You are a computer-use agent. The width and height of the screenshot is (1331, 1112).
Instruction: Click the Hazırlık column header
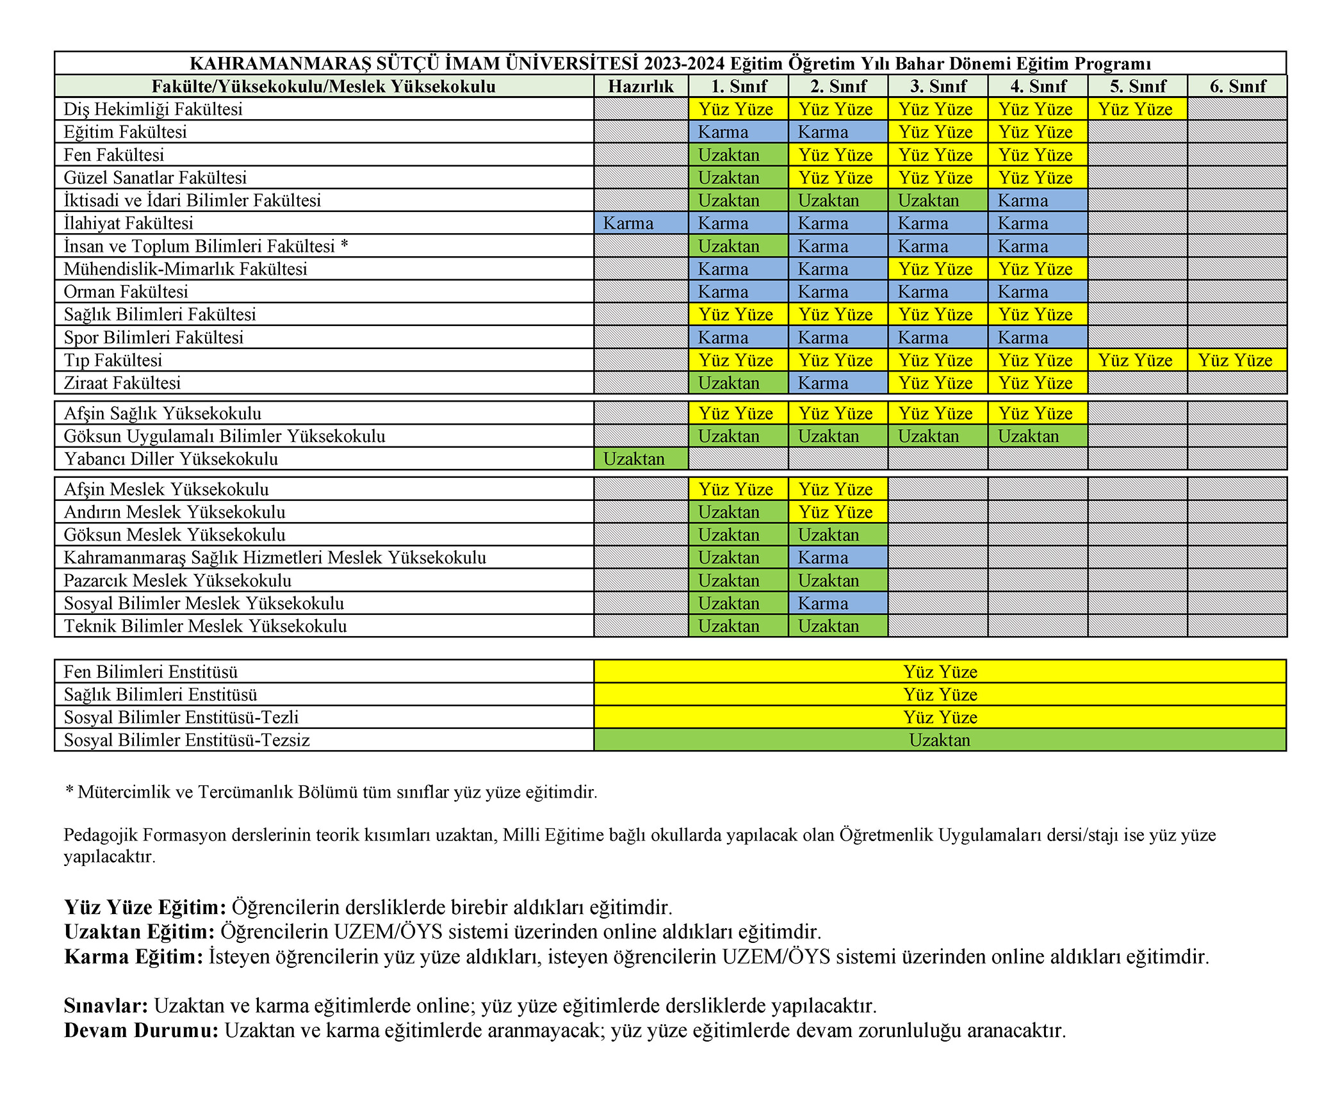641,86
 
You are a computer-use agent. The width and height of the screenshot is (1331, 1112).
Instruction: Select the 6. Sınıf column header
1237,86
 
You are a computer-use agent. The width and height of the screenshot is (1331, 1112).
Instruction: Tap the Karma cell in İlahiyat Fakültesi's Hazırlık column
641,223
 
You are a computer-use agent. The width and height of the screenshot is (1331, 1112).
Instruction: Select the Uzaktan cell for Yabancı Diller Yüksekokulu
641,459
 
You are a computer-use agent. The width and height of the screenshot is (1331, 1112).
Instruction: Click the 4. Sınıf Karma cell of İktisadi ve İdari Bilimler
1037,200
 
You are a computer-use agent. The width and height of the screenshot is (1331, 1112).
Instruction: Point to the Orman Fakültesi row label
126,291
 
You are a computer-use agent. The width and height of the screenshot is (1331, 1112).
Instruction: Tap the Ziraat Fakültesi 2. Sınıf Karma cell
837,383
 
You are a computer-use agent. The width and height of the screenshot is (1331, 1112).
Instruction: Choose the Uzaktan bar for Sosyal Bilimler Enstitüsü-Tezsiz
940,740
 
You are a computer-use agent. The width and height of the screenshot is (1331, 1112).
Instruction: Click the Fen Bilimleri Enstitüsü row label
151,671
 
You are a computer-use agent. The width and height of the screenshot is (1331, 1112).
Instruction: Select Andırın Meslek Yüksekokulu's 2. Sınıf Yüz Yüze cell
837,512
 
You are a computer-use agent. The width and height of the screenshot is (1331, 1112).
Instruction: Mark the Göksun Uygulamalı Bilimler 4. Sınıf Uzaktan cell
1037,436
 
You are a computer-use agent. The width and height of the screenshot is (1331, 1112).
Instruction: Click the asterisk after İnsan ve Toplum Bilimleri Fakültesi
345,245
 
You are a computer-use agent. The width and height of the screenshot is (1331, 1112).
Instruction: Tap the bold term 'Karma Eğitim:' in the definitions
134,956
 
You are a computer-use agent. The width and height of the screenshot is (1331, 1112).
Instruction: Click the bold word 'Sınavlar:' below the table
106,1006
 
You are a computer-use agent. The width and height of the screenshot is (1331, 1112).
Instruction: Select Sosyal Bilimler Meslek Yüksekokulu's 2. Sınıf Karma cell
837,603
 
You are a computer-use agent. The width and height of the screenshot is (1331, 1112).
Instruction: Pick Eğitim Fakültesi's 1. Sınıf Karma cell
737,132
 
